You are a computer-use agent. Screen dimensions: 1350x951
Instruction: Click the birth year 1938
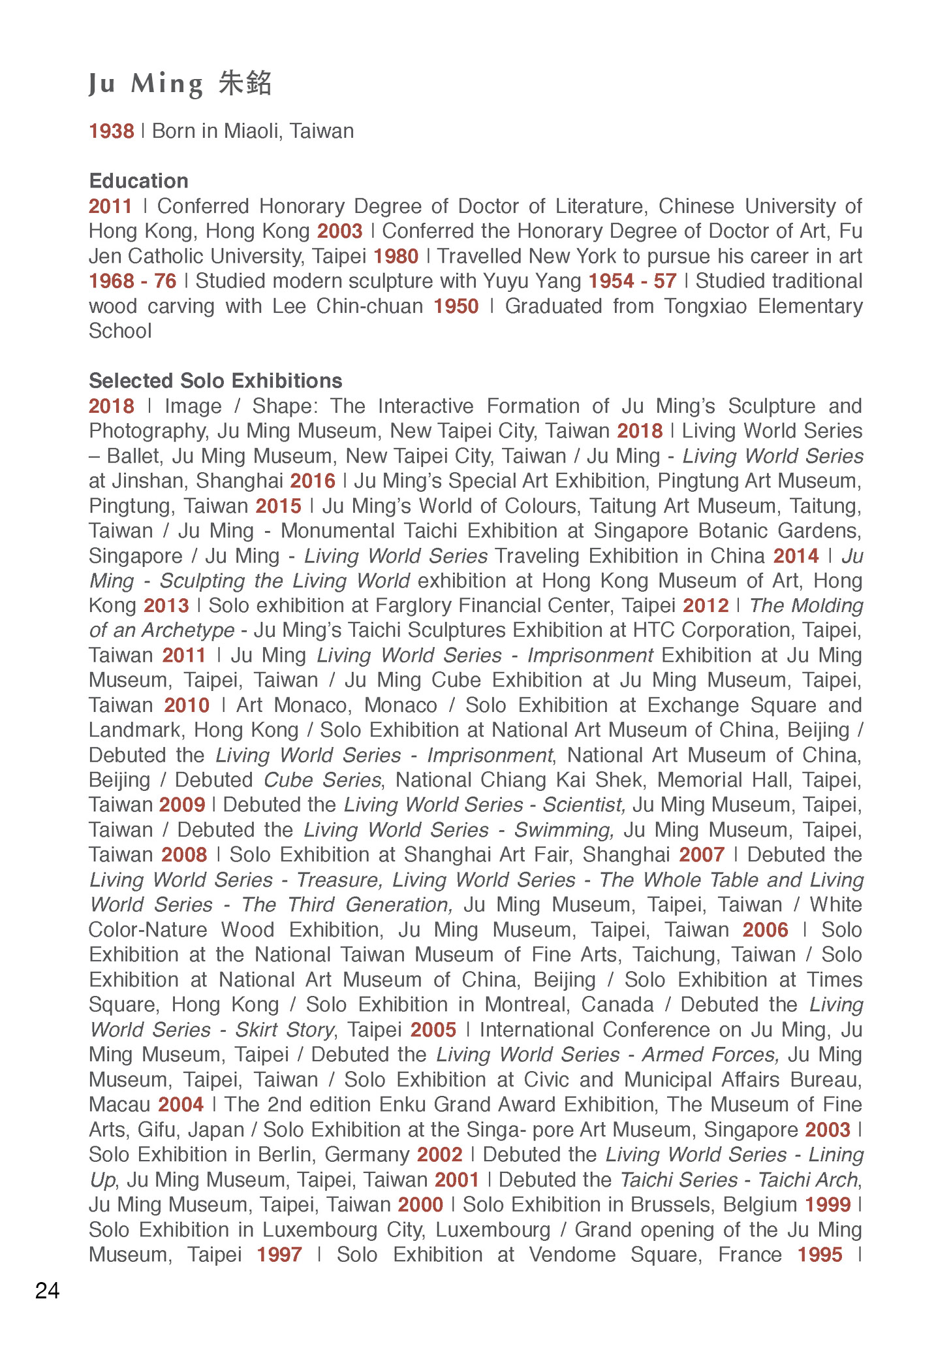pyautogui.click(x=112, y=131)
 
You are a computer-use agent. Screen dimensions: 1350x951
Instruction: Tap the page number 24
pyautogui.click(x=47, y=1291)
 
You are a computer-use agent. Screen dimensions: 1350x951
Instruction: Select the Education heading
pyautogui.click(x=138, y=181)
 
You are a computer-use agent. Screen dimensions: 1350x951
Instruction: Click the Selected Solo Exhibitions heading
pyautogui.click(x=215, y=381)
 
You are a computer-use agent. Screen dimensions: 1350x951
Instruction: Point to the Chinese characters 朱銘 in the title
pyautogui.click(x=245, y=84)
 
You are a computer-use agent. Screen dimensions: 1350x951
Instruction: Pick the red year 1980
pyautogui.click(x=396, y=256)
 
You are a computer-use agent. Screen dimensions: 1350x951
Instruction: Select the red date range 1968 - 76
pyautogui.click(x=133, y=281)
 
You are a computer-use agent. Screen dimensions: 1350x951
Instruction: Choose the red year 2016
pyautogui.click(x=313, y=481)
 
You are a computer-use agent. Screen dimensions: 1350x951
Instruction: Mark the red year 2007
pyautogui.click(x=702, y=854)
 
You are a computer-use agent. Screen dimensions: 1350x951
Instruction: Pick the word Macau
pyautogui.click(x=119, y=1104)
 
